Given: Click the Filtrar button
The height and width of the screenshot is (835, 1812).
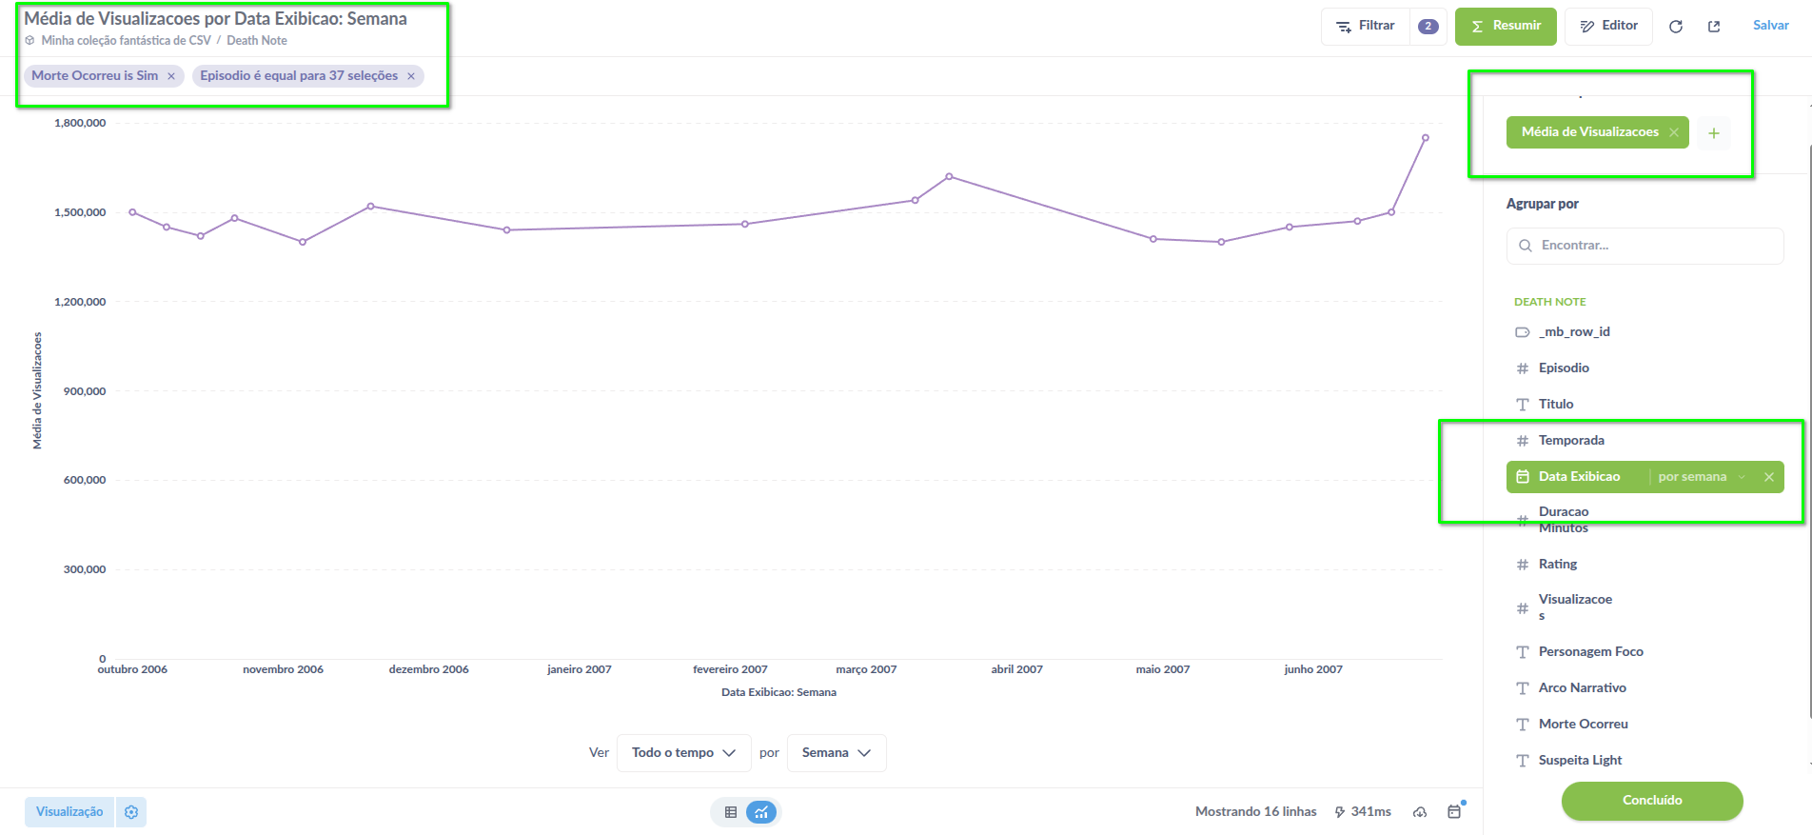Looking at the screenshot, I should pyautogui.click(x=1366, y=26).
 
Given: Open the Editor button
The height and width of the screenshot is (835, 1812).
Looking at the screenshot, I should pyautogui.click(x=1609, y=26).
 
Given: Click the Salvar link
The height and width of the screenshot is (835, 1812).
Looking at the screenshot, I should pyautogui.click(x=1770, y=26).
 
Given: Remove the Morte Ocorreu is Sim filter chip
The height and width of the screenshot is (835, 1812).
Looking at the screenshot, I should pyautogui.click(x=171, y=76).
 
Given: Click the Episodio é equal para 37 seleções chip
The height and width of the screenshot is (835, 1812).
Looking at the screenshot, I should pyautogui.click(x=299, y=76).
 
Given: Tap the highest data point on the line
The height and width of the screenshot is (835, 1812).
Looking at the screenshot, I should pyautogui.click(x=1425, y=138).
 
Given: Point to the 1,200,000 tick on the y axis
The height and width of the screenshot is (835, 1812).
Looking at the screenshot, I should pyautogui.click(x=81, y=302).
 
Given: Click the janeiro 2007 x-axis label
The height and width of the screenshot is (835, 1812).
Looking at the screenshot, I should pyautogui.click(x=579, y=669).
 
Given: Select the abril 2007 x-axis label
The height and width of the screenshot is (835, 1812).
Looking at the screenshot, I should pyautogui.click(x=1016, y=669).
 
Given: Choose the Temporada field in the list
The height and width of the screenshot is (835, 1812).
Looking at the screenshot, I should pyautogui.click(x=1571, y=441).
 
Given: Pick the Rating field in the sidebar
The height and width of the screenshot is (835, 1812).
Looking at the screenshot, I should pyautogui.click(x=1558, y=565).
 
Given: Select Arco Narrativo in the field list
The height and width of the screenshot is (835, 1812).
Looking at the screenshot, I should pyautogui.click(x=1582, y=688).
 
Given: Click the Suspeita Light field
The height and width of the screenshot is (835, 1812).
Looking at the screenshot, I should pyautogui.click(x=1580, y=761).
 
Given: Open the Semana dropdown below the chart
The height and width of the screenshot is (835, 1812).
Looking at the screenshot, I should pyautogui.click(x=836, y=753).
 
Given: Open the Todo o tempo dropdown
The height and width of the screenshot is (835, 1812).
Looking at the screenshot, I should pyautogui.click(x=683, y=753).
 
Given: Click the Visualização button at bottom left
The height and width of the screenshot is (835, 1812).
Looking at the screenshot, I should pyautogui.click(x=69, y=812).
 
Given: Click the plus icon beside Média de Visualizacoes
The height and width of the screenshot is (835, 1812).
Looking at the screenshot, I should pyautogui.click(x=1713, y=133).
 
